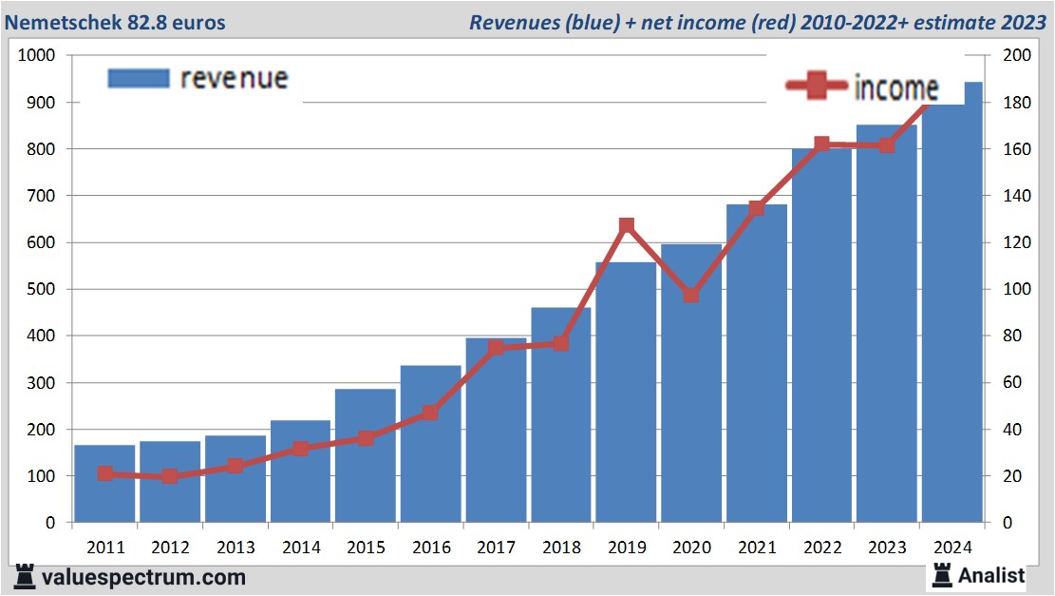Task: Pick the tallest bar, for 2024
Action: tap(952, 314)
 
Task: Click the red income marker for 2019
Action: tap(627, 226)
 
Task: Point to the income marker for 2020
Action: tap(691, 295)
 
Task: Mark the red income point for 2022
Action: tap(822, 144)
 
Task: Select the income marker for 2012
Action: tap(170, 476)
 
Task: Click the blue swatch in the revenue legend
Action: tap(138, 78)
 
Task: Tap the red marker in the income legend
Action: tap(816, 87)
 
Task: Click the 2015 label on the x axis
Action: tap(366, 548)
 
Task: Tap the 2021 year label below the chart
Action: tap(757, 548)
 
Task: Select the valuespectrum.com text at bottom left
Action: tap(143, 577)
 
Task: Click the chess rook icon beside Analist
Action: tap(942, 574)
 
